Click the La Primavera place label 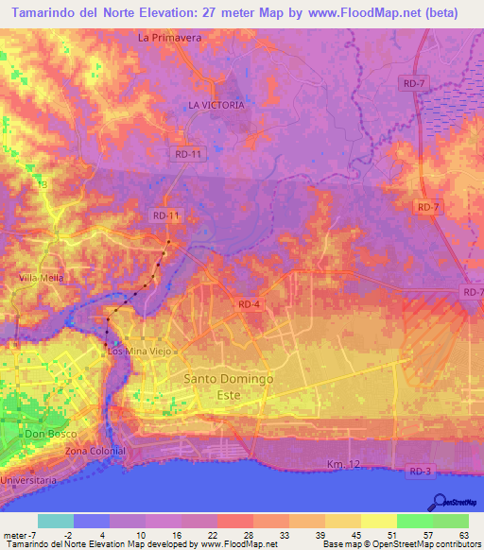(x=170, y=39)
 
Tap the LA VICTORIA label (x=216, y=105)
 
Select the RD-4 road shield (x=249, y=303)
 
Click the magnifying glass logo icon (x=439, y=501)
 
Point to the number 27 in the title (x=213, y=13)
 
